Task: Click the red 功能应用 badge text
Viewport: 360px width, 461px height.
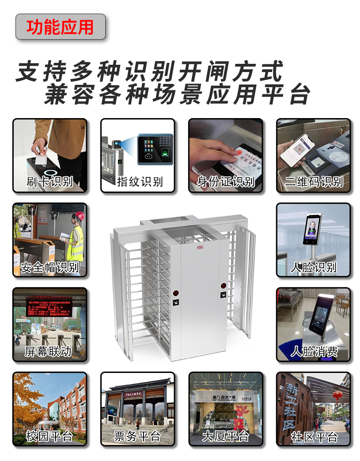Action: tap(60, 27)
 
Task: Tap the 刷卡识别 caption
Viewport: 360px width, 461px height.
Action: tap(50, 181)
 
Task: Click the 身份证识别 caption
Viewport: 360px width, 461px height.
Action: tap(226, 181)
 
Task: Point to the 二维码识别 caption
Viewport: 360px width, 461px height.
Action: tap(314, 181)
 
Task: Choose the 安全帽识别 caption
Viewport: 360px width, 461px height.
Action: tap(50, 267)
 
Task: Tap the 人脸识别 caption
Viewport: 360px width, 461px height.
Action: tap(314, 267)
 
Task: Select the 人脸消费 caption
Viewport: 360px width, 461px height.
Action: tap(314, 351)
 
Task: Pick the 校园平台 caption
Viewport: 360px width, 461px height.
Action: tap(50, 436)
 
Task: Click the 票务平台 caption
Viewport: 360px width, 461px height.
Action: tap(137, 436)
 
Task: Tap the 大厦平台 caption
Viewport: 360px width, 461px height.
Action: tap(226, 436)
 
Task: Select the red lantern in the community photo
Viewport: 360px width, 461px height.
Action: tap(337, 395)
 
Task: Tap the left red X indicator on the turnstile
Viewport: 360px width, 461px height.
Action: tap(176, 293)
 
